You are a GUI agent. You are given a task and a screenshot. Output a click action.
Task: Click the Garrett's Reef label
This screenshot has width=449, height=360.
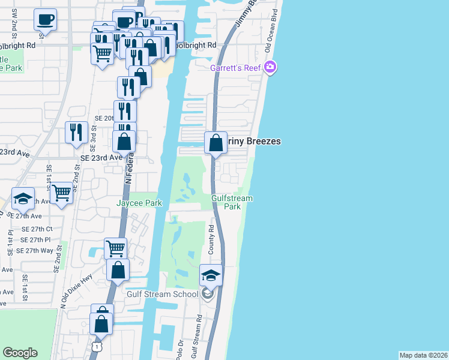(235, 67)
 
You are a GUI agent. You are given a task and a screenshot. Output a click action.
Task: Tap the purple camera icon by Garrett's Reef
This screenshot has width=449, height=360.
(270, 67)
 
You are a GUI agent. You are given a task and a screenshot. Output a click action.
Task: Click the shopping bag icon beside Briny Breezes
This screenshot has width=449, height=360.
(215, 143)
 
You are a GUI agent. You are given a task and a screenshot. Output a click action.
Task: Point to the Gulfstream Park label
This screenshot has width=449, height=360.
(232, 202)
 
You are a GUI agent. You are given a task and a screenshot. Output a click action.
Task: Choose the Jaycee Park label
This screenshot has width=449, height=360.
(139, 203)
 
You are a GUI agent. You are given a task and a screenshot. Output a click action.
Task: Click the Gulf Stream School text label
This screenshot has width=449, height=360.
(162, 294)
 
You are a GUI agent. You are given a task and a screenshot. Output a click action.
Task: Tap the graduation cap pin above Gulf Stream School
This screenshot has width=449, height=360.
(211, 275)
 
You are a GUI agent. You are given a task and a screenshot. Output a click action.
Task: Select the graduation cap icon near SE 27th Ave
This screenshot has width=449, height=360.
(23, 198)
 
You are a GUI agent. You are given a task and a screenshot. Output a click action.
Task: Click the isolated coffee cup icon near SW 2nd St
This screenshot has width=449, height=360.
(46, 20)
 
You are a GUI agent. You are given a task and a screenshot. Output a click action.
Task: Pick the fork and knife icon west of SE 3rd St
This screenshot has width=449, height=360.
(76, 132)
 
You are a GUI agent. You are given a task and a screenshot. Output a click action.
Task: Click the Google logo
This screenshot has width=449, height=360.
(20, 353)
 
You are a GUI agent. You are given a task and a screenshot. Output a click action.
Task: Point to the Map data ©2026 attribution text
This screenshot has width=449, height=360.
(424, 355)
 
